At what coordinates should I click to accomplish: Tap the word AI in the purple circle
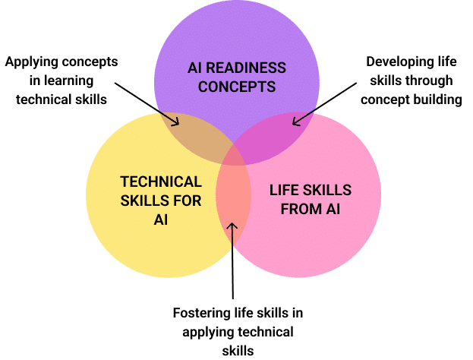(196, 68)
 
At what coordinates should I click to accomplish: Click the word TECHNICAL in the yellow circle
(161, 182)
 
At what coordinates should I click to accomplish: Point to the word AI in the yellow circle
(161, 220)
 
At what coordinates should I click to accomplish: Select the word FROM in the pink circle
(300, 209)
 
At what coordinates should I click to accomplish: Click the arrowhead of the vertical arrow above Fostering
(233, 225)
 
